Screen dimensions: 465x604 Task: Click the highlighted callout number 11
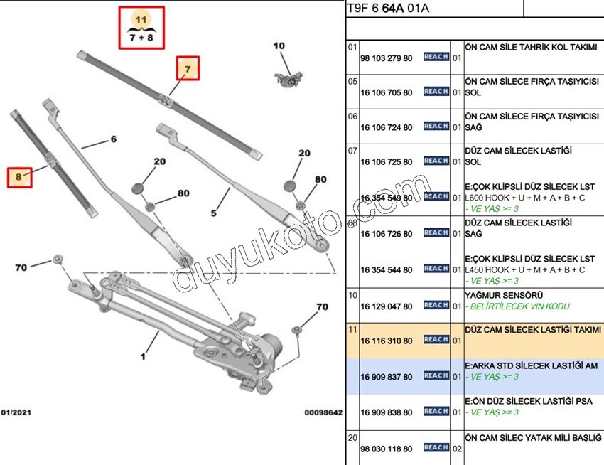(x=141, y=18)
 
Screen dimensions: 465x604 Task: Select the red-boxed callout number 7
(x=188, y=69)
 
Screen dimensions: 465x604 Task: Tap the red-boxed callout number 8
(x=19, y=176)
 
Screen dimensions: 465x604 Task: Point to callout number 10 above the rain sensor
(x=279, y=46)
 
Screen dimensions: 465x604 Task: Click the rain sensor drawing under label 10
(x=287, y=77)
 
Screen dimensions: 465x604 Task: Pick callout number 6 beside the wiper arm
(x=112, y=139)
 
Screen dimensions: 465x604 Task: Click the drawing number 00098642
(x=323, y=412)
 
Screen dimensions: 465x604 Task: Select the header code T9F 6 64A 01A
(x=388, y=9)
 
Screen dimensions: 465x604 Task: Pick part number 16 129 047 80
(x=386, y=306)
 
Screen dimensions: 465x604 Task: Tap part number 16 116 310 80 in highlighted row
(x=386, y=341)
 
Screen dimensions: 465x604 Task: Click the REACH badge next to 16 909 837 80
(x=436, y=375)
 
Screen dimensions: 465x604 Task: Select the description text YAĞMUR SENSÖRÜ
(x=498, y=295)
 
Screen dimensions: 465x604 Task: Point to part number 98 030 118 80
(x=386, y=449)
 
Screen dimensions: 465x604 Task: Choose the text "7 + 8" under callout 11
(x=141, y=37)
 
